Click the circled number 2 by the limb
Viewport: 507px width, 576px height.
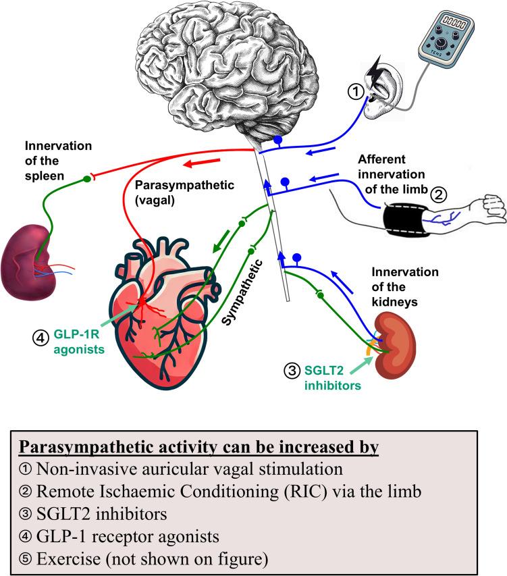click(439, 195)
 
